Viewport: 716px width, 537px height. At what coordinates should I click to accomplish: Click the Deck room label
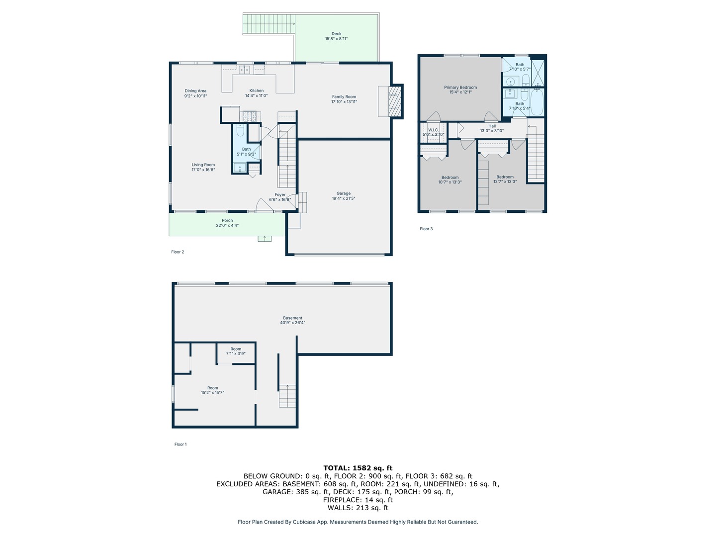(336, 34)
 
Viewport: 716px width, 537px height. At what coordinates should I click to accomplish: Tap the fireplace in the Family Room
(393, 101)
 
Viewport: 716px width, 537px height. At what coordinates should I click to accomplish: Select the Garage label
(343, 193)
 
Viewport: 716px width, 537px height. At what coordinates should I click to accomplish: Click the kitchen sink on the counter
(244, 70)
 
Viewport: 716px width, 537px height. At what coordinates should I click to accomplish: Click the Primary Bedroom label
(460, 88)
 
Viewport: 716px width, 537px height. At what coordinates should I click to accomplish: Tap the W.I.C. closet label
(433, 130)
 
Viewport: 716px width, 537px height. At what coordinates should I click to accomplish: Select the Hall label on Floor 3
(491, 126)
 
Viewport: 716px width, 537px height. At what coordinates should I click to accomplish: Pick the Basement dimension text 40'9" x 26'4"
(292, 323)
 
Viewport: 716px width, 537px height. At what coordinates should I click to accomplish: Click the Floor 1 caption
(180, 445)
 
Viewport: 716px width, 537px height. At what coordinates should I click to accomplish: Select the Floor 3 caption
(426, 229)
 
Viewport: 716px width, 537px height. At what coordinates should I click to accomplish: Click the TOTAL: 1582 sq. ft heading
(358, 468)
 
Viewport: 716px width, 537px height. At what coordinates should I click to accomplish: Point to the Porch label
(227, 220)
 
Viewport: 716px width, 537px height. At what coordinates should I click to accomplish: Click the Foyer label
(280, 195)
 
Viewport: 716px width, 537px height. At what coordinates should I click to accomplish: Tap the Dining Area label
(195, 91)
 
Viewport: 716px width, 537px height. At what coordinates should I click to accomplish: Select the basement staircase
(287, 396)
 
